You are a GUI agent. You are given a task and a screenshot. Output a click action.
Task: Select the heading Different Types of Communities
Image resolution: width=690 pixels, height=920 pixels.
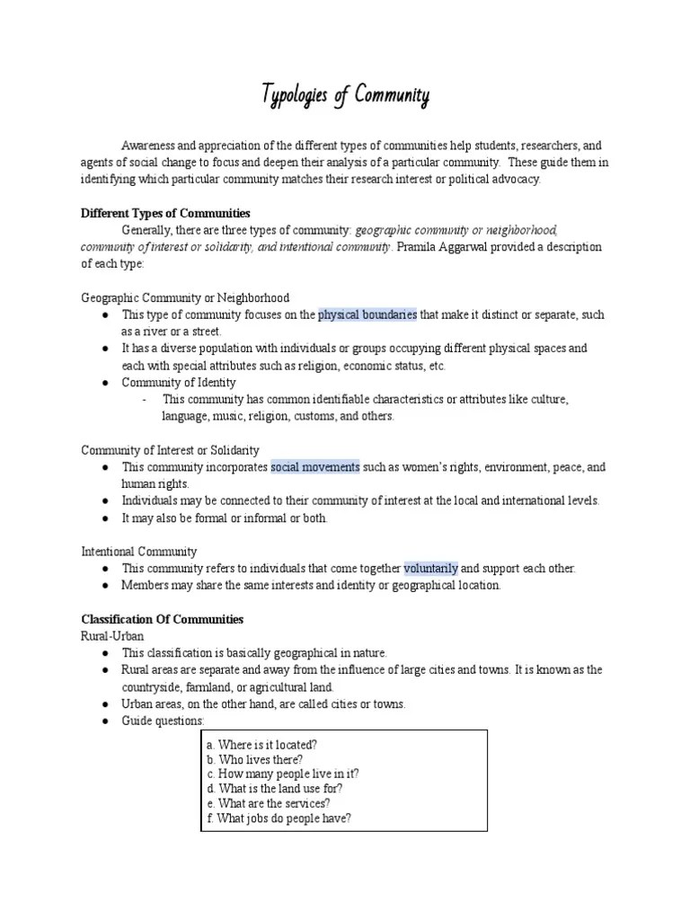(x=165, y=213)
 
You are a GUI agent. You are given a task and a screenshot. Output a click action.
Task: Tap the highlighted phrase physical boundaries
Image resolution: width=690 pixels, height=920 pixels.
(x=367, y=314)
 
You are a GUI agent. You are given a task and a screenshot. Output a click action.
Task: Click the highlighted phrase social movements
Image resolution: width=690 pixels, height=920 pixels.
(x=315, y=467)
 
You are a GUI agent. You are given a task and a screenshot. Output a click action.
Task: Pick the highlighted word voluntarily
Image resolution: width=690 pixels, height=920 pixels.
(x=431, y=569)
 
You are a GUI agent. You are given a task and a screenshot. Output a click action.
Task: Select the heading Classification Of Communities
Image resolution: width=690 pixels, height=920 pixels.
(x=163, y=619)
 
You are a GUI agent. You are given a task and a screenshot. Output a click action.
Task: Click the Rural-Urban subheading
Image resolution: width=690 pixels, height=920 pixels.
(x=111, y=636)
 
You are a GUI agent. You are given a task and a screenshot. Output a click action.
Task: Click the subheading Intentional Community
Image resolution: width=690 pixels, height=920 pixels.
(x=139, y=552)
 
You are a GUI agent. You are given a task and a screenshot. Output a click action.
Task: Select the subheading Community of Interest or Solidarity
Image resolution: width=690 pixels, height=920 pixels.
(x=170, y=450)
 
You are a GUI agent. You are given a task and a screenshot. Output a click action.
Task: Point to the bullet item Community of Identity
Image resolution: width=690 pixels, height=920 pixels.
(x=179, y=382)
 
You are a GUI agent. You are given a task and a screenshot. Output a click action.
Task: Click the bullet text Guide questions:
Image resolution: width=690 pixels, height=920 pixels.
(x=163, y=721)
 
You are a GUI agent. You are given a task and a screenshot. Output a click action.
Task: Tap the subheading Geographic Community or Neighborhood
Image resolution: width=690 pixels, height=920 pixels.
(x=185, y=297)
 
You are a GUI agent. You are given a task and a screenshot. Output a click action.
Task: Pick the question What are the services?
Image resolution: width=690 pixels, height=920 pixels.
(x=268, y=803)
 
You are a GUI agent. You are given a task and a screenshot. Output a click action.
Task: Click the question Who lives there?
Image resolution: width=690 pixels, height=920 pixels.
(x=254, y=759)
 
